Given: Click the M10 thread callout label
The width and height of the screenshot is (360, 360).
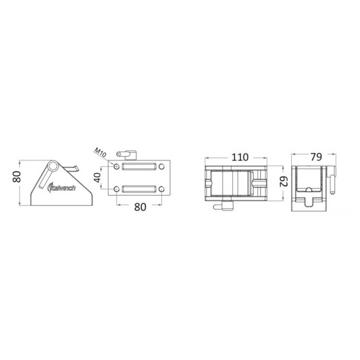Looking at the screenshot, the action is coord(101,153).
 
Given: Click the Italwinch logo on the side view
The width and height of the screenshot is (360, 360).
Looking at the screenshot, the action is coord(61,188).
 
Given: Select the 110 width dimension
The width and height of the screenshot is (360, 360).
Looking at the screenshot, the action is coord(240,157).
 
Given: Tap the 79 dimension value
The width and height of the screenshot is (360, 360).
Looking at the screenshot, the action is coord(316,157).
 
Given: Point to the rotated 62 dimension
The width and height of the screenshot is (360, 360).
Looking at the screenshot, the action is coord(283,182).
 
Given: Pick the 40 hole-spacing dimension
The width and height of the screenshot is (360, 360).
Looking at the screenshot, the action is coord(98,177).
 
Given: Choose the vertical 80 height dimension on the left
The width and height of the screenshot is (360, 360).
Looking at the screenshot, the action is coord(17,177).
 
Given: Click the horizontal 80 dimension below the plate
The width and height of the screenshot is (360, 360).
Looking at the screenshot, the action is coord(140,207).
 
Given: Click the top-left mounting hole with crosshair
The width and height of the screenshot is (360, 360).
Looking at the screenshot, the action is coord(117,166).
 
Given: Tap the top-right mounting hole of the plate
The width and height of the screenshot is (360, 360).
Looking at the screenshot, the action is coord(162,166).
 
